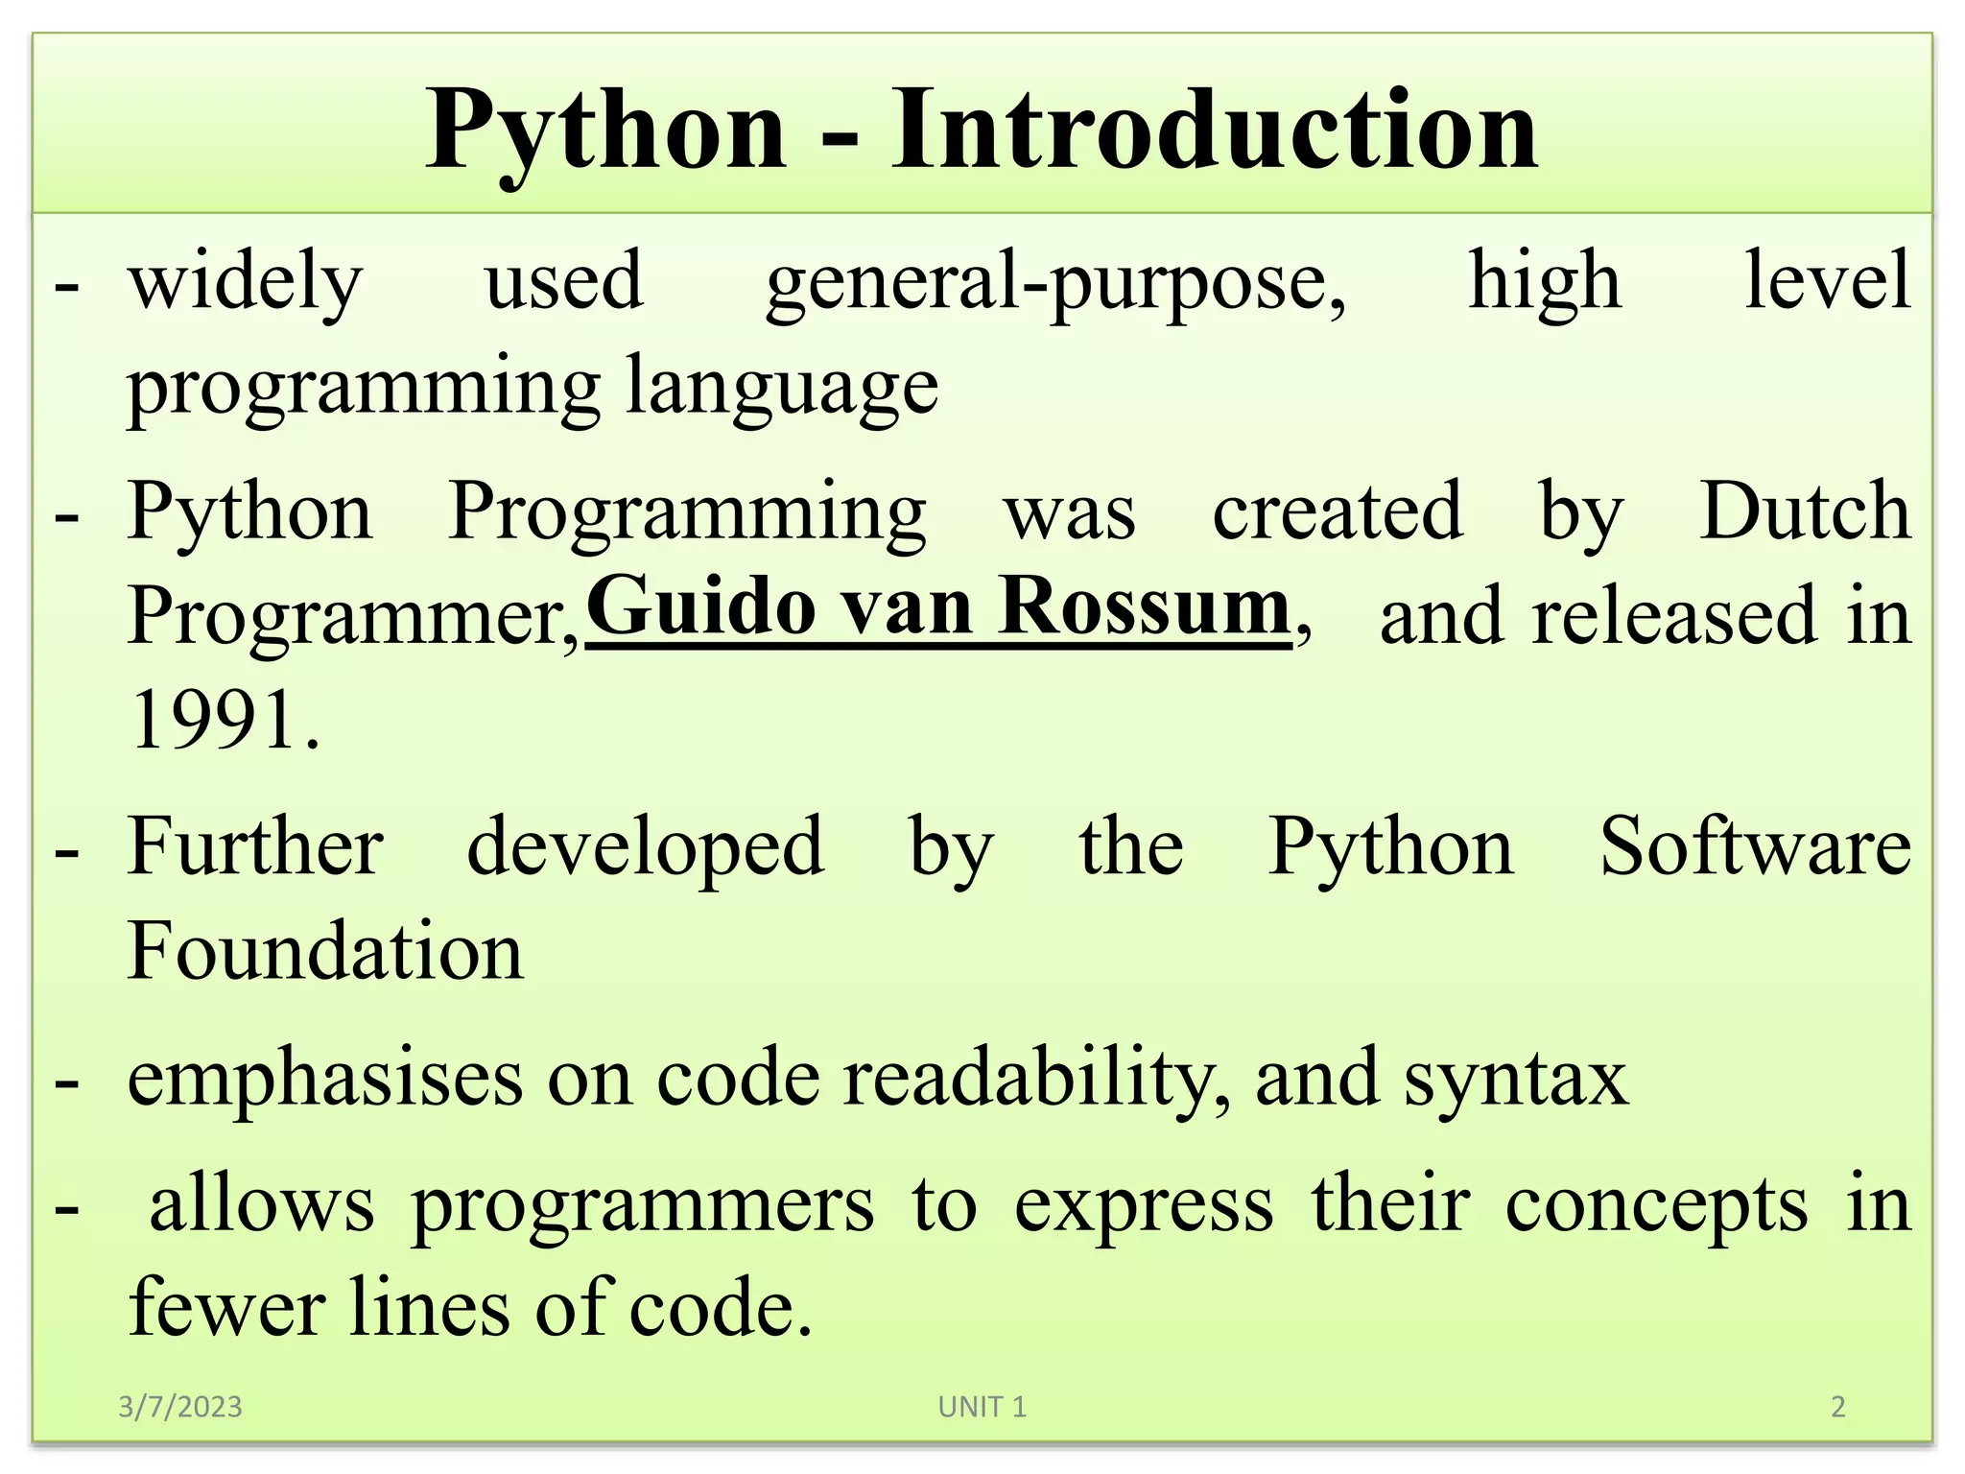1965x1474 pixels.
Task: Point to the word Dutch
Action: point(1804,512)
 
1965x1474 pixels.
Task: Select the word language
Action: point(782,388)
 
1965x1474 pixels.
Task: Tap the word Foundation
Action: point(325,951)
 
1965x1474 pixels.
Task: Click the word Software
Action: point(1755,847)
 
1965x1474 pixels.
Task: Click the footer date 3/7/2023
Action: point(180,1407)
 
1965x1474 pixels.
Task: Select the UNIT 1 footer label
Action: point(982,1407)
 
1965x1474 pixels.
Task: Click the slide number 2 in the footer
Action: point(1837,1407)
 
